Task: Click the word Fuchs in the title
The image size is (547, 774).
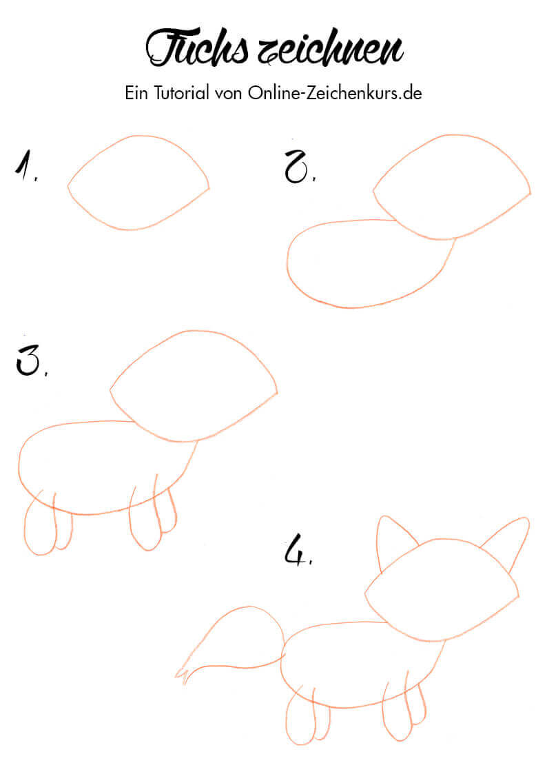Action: (x=196, y=48)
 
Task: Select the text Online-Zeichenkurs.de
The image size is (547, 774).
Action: (x=335, y=93)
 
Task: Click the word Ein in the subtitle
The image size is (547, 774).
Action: (x=136, y=93)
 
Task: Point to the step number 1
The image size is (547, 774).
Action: (x=25, y=166)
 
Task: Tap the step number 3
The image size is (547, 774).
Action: (x=30, y=360)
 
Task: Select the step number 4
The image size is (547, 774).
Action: (x=298, y=549)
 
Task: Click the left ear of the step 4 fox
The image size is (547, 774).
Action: (x=380, y=543)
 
